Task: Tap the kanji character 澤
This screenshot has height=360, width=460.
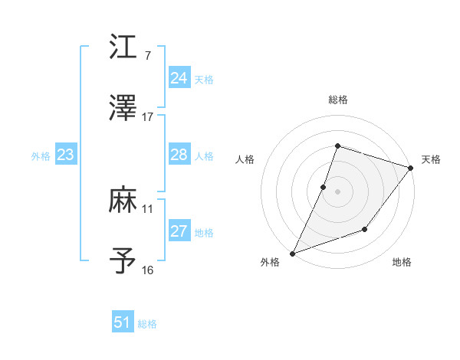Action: [123, 108]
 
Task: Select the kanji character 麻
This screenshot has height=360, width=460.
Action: [123, 200]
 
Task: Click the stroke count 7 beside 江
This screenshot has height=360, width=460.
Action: [147, 56]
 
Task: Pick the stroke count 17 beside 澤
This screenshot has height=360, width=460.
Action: [148, 117]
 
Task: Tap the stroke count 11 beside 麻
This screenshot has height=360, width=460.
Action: [148, 208]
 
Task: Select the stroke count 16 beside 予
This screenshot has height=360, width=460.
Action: [148, 270]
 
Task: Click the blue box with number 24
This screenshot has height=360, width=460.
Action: [179, 78]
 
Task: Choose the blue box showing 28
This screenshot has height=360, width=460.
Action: [179, 155]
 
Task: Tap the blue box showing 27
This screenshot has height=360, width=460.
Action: [179, 231]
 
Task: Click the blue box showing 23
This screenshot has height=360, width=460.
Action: [65, 155]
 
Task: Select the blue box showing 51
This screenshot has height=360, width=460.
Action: [122, 322]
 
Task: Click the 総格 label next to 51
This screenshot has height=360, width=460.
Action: [147, 324]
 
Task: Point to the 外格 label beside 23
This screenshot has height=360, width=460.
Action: [41, 156]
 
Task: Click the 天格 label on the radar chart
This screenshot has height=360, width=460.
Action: [431, 159]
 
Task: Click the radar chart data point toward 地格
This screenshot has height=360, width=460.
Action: [365, 229]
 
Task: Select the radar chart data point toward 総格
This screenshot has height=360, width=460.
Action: [337, 146]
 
